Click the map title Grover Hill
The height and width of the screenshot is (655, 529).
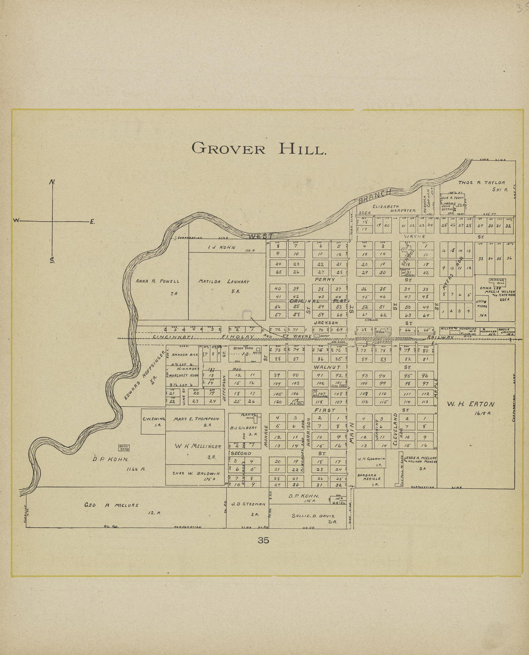click(259, 148)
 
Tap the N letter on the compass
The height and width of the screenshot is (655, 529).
click(52, 182)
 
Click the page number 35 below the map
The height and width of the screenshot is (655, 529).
click(263, 540)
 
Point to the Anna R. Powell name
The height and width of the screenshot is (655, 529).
click(157, 281)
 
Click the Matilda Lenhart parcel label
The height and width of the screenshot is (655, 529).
click(224, 281)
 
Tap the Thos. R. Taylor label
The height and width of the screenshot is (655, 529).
click(481, 183)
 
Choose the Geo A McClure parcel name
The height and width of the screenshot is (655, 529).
click(112, 505)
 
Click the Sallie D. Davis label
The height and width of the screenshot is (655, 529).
click(313, 516)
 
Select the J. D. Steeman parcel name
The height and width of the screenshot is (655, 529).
click(248, 504)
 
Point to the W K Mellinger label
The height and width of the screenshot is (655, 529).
click(196, 447)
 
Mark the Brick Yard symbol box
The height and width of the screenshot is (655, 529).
click(124, 448)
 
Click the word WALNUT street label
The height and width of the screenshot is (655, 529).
click(327, 367)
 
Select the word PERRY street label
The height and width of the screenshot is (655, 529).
click(324, 279)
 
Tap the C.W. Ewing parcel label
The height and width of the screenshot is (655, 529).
click(153, 419)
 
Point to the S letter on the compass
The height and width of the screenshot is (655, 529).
click(51, 261)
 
